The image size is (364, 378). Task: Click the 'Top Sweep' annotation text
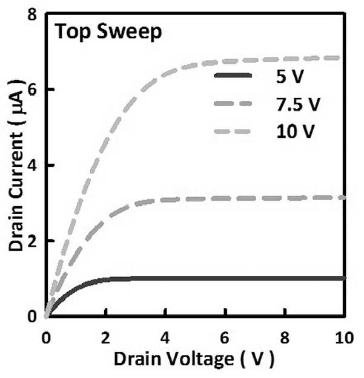(x=108, y=32)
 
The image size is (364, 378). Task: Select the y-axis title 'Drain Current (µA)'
(x=16, y=165)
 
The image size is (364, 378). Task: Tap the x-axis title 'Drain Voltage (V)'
(x=194, y=359)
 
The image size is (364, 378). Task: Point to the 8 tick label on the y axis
(x=32, y=15)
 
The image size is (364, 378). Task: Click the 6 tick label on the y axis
(x=32, y=90)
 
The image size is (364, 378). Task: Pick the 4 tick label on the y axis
(x=32, y=166)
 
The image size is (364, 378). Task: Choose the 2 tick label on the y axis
(x=32, y=241)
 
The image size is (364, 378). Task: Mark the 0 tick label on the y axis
(x=32, y=316)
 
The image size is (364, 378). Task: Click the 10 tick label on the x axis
(x=345, y=337)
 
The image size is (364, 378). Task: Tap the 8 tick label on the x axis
(x=285, y=337)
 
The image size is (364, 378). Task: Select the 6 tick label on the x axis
(x=225, y=337)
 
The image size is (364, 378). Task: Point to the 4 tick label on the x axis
(x=165, y=337)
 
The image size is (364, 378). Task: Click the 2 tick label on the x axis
(x=105, y=337)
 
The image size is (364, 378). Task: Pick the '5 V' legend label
(x=290, y=77)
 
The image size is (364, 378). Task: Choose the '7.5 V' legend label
(x=299, y=105)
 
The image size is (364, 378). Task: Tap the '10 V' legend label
(x=296, y=132)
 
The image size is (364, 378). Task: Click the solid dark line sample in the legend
(x=233, y=76)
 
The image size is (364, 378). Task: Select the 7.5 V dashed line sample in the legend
(x=233, y=103)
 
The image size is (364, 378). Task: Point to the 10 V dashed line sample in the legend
(x=232, y=131)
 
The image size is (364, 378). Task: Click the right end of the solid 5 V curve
(x=346, y=278)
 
